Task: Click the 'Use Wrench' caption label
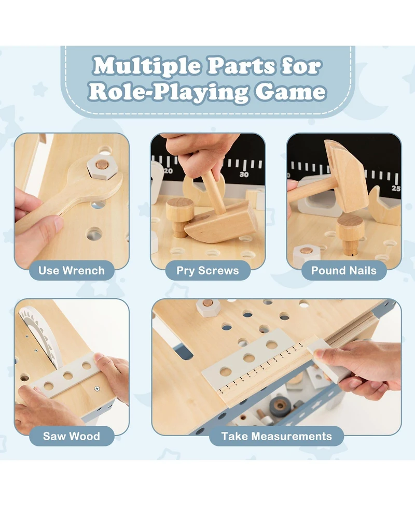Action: tap(72, 270)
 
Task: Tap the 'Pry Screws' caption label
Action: tap(208, 270)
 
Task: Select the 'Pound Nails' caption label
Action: tap(344, 270)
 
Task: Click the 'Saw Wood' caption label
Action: tap(72, 436)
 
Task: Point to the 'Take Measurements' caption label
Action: tap(276, 436)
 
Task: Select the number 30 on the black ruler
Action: tap(244, 174)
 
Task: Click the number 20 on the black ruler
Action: tap(168, 170)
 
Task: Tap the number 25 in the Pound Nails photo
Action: tap(396, 188)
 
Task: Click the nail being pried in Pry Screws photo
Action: tap(179, 216)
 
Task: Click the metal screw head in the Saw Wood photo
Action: tap(96, 389)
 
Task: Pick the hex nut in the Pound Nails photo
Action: tap(306, 252)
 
